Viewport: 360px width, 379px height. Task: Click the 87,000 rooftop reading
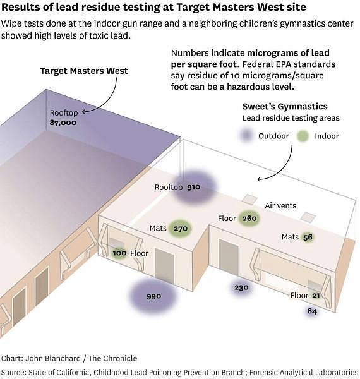click(x=63, y=123)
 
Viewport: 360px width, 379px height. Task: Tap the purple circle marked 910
click(x=194, y=187)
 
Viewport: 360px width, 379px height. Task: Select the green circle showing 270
click(x=180, y=229)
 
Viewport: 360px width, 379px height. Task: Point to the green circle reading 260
click(x=249, y=219)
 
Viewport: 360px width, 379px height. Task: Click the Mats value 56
click(x=308, y=237)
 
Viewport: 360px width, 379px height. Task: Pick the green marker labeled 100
click(x=119, y=253)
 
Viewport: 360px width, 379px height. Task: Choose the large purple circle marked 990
click(x=153, y=296)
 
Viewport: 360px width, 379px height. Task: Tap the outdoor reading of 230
click(x=241, y=287)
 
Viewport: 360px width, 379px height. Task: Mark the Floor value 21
click(x=316, y=295)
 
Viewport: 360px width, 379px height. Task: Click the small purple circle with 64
click(x=312, y=311)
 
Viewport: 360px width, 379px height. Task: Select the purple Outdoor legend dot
click(x=246, y=135)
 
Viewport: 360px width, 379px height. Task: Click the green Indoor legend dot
click(x=303, y=136)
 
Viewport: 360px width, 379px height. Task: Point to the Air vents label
click(x=280, y=205)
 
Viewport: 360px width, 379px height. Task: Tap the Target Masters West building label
click(x=84, y=71)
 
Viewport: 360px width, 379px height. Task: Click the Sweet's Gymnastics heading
click(x=285, y=106)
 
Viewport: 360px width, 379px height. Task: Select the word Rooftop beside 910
click(x=169, y=188)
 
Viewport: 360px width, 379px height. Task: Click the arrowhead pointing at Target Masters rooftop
click(x=83, y=112)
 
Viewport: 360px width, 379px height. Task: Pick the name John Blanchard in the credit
click(x=53, y=358)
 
